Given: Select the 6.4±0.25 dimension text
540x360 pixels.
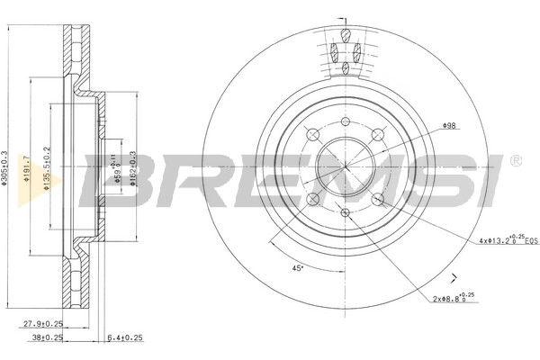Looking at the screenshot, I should [125, 338].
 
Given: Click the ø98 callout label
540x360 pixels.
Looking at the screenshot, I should [449, 128].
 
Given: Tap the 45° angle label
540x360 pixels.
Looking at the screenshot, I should [297, 269].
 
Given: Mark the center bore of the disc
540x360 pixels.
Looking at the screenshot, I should [345, 166].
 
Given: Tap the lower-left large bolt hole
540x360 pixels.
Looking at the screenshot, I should [312, 199].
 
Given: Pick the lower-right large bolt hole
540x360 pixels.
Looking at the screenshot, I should [378, 199].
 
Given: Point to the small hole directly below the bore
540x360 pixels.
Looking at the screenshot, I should [345, 212].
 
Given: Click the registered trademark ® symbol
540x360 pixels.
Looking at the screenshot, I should [515, 161].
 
